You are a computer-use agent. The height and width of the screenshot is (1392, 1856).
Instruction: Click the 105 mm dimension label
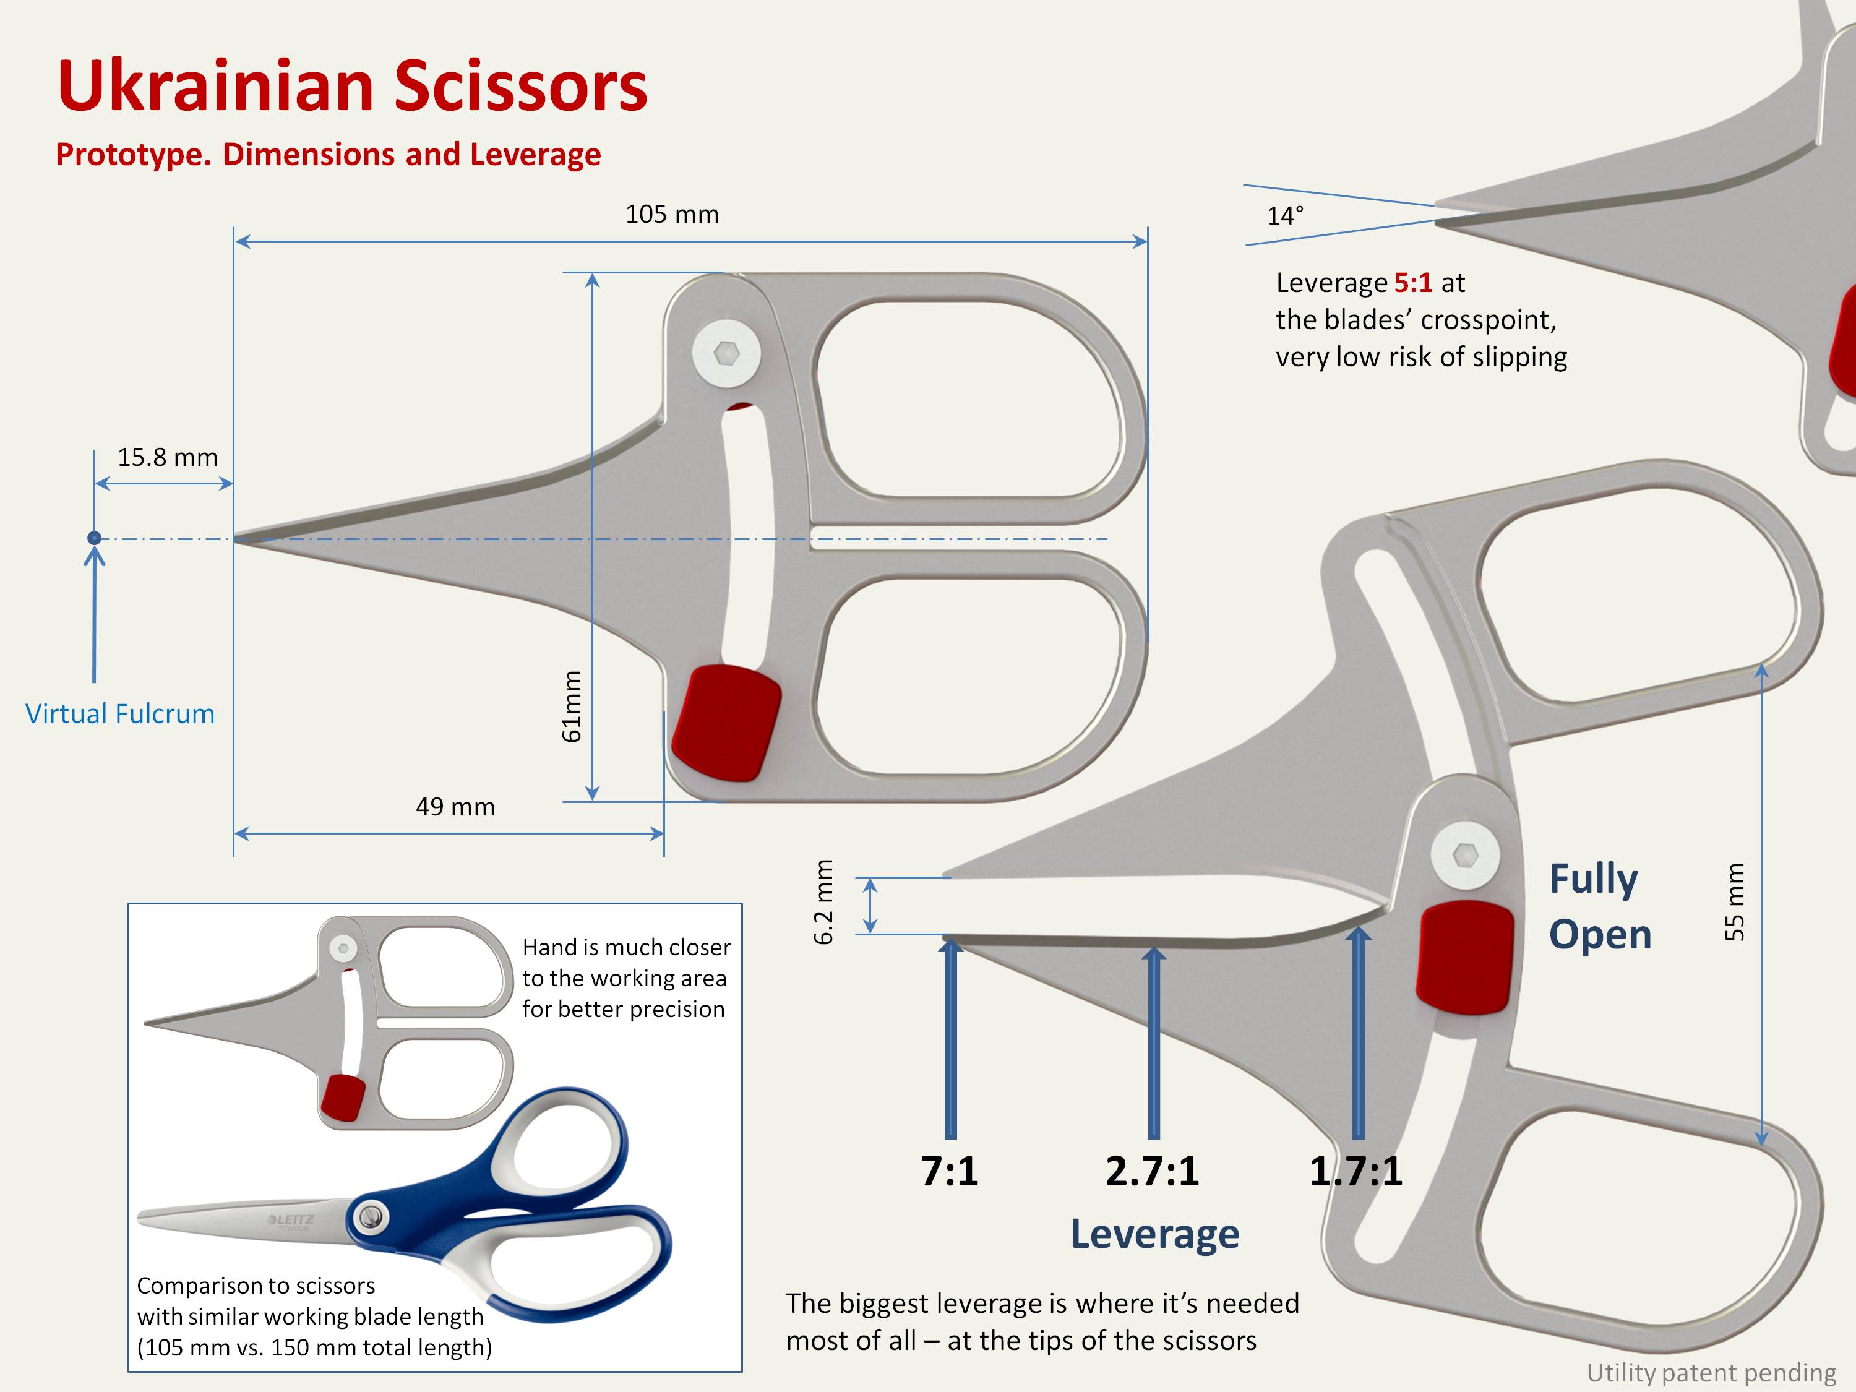671,215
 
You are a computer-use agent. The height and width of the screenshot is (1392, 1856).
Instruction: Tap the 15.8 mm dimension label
167,457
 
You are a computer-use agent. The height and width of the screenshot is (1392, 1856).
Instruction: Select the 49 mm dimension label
455,807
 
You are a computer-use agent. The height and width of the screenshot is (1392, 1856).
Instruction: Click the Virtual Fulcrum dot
95,538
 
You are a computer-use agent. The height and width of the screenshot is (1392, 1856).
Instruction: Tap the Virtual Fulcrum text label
120,714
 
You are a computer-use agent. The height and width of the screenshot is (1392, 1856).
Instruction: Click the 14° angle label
1284,217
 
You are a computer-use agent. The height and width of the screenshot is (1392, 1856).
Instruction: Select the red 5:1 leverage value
1413,283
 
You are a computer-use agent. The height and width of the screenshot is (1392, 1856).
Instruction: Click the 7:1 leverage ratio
949,1171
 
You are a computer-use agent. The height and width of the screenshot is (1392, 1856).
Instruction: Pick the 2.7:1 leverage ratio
1152,1171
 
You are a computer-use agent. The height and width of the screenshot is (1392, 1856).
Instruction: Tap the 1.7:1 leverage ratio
1356,1171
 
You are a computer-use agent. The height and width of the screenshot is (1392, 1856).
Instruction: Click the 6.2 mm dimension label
824,901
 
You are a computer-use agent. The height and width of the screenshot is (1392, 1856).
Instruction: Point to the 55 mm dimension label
1734,901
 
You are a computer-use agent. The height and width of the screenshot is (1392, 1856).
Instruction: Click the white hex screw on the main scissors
727,353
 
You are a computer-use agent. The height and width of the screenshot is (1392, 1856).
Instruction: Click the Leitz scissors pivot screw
370,1216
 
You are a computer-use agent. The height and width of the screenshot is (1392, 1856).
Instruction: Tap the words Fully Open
1599,906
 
